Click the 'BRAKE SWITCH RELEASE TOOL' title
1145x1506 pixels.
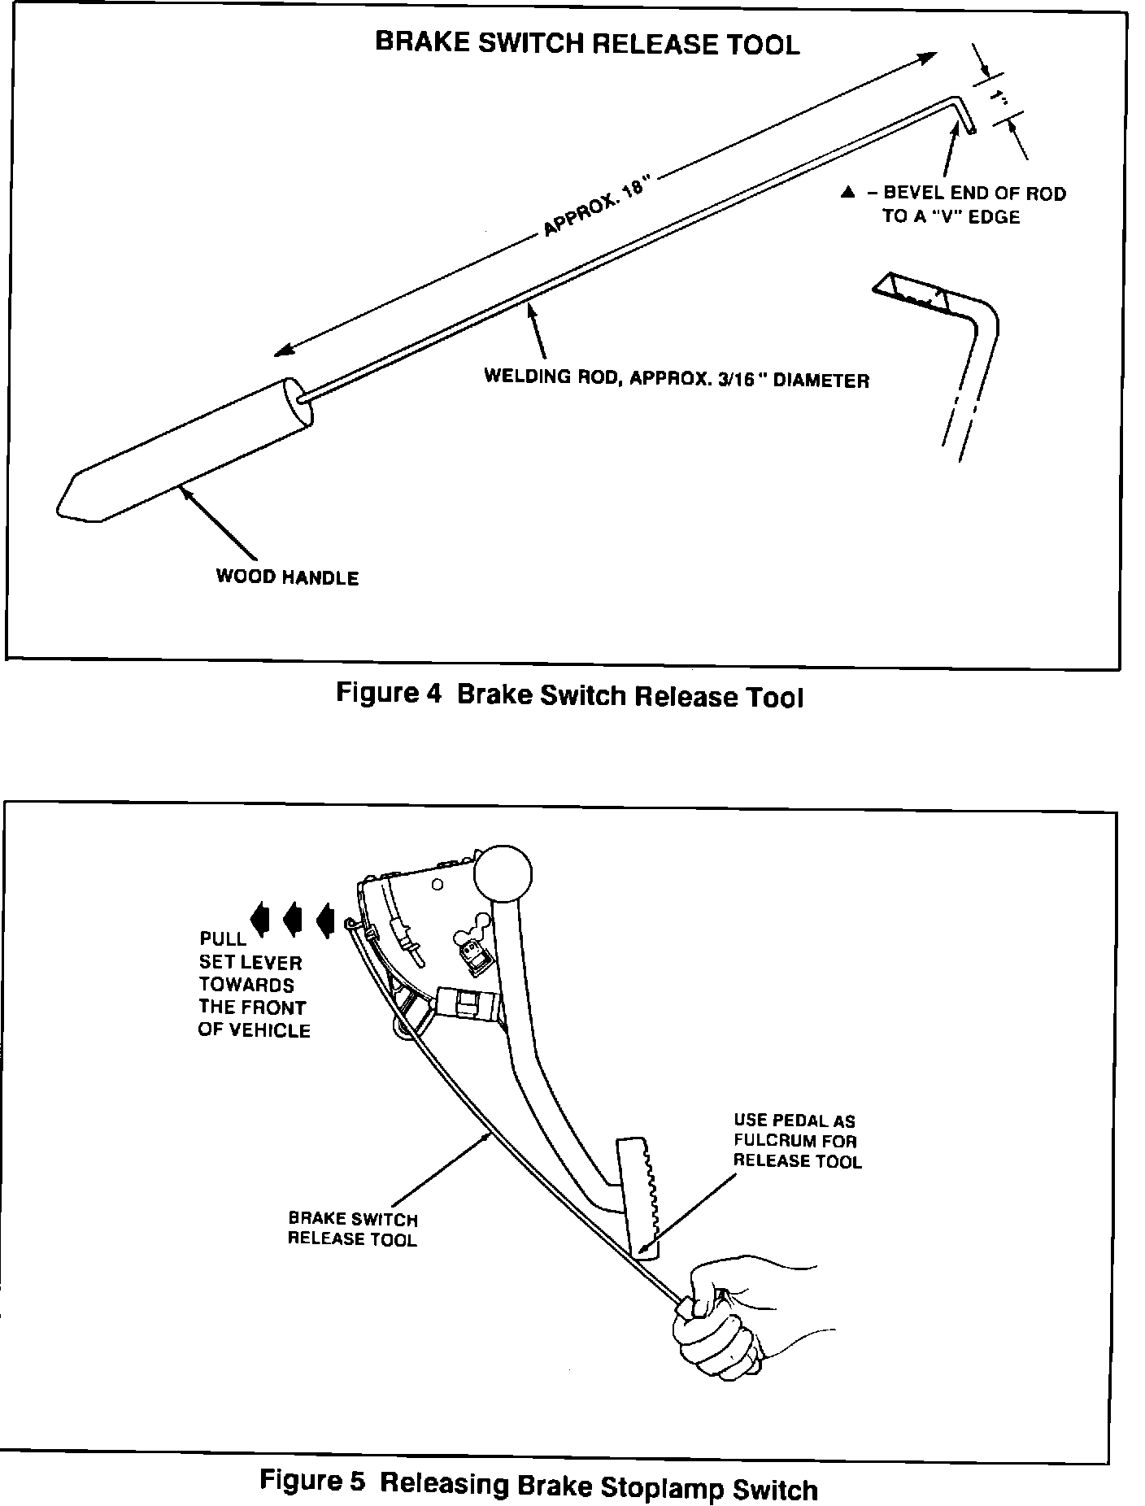(587, 43)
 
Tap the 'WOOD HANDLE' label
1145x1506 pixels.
(286, 577)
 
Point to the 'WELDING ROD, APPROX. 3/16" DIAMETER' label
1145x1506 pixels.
(677, 379)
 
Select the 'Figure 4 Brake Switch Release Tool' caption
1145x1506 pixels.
(569, 696)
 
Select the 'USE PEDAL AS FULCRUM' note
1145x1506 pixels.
(796, 1140)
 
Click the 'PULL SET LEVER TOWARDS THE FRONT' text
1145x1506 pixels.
(253, 984)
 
